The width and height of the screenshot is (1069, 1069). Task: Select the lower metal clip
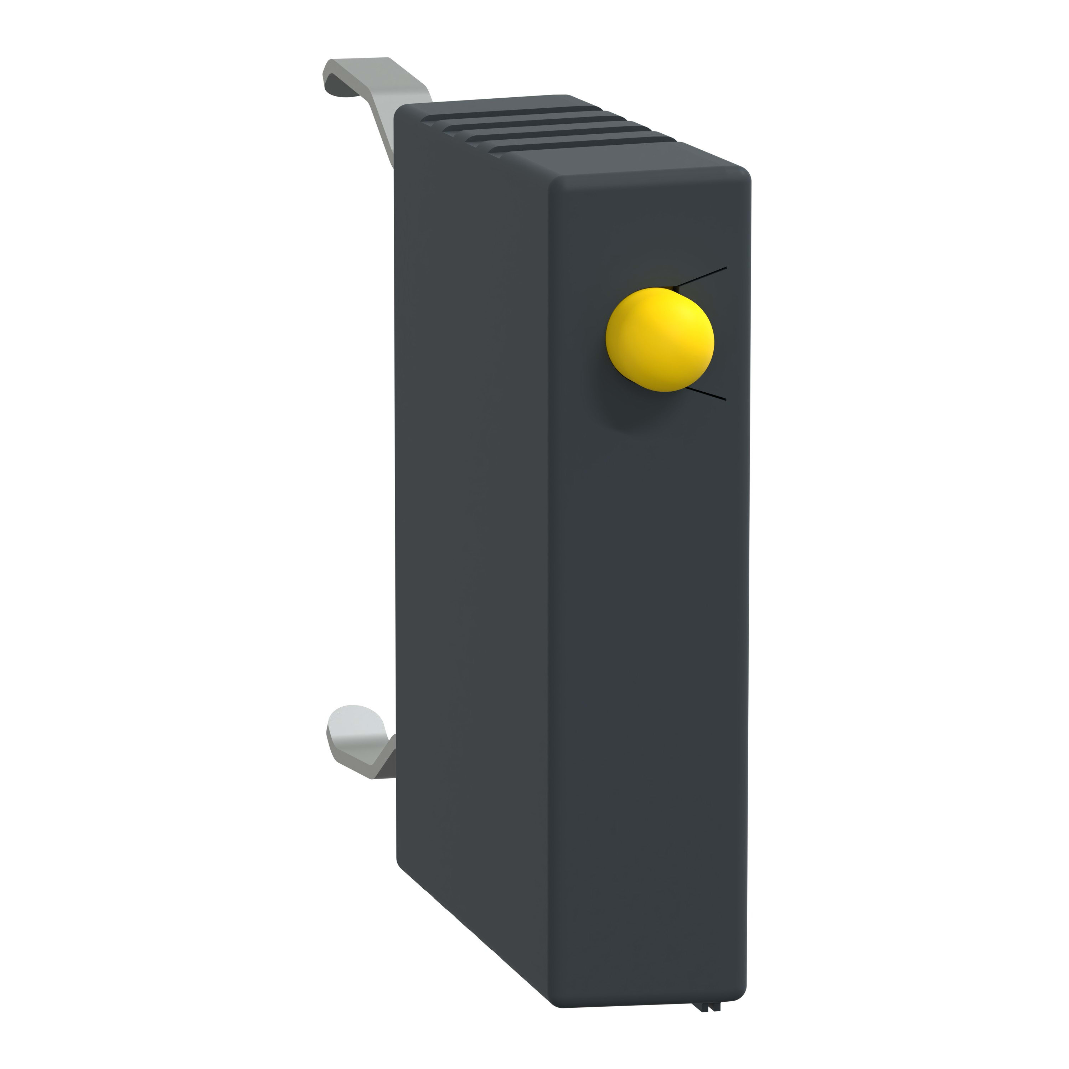click(x=362, y=742)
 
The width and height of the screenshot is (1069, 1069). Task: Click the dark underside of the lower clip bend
click(x=382, y=766)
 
